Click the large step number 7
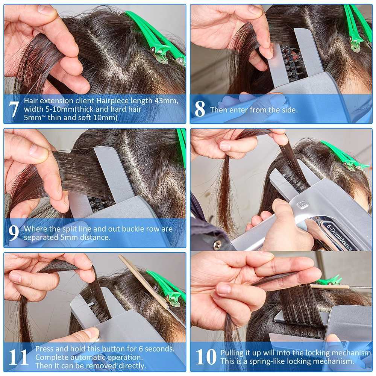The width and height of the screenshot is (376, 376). [14, 109]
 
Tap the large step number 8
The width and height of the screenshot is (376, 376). [200, 109]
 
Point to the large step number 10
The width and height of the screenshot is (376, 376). [206, 357]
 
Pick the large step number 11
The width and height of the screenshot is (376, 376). [18, 357]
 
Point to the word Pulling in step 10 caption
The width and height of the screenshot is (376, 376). [232, 353]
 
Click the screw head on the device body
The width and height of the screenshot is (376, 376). [218, 244]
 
